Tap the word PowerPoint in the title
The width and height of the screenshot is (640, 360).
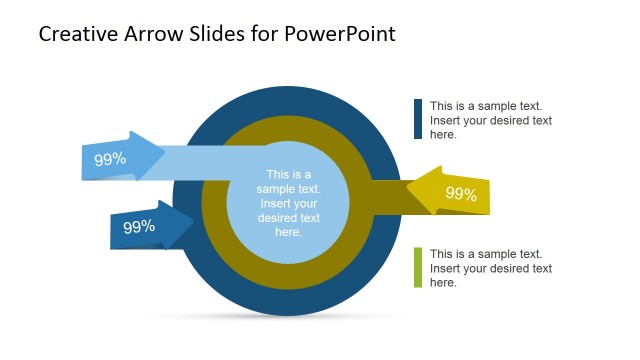[340, 34]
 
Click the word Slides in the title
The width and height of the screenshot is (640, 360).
[219, 34]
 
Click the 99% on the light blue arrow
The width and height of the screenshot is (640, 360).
[110, 159]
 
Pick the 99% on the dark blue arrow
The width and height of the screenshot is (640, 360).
[139, 227]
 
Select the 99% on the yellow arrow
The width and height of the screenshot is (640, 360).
[461, 194]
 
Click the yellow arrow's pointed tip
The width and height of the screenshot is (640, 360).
[409, 191]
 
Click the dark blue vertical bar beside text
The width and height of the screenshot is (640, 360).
[418, 119]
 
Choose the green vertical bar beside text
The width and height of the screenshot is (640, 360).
[418, 268]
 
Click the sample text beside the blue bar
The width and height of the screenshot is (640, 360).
[491, 120]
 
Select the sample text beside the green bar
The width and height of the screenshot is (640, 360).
[491, 268]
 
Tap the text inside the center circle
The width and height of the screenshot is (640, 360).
[288, 203]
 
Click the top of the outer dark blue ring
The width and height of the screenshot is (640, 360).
[288, 100]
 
